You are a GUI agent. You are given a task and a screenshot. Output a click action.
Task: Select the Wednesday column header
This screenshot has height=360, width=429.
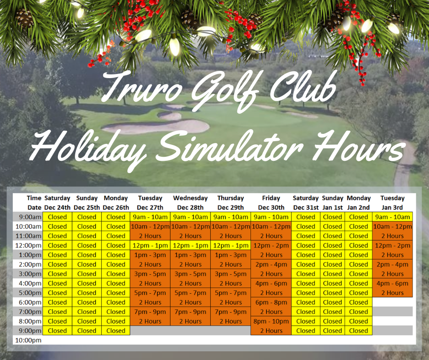click(190, 198)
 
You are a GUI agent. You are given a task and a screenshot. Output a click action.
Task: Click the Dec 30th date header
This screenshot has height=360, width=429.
click(271, 207)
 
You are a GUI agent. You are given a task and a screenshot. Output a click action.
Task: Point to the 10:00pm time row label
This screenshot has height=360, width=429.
click(28, 340)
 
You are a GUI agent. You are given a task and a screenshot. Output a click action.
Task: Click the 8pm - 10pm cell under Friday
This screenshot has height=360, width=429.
click(271, 321)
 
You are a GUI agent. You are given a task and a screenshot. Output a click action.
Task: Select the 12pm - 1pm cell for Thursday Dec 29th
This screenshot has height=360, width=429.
click(230, 245)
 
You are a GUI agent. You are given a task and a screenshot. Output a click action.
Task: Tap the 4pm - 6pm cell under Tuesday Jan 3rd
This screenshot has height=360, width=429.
click(392, 283)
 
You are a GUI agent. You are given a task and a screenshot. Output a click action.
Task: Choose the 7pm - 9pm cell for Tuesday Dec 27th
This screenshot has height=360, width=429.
click(150, 312)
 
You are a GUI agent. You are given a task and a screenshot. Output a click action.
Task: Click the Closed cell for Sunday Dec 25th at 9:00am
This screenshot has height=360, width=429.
click(87, 217)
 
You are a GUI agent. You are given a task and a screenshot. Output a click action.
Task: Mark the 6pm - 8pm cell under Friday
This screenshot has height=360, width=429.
click(271, 302)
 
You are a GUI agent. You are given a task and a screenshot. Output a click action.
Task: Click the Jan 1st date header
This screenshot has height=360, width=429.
click(332, 207)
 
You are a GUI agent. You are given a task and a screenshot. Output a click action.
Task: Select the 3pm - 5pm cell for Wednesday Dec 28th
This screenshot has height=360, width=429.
click(190, 274)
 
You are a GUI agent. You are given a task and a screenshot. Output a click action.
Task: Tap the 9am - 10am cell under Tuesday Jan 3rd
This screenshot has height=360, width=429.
click(392, 217)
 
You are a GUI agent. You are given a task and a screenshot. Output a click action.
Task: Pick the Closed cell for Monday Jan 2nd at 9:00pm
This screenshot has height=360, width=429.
click(358, 331)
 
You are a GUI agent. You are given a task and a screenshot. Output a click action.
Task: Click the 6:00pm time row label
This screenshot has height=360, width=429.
click(28, 302)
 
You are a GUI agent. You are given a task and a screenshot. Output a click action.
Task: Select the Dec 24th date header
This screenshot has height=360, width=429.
click(57, 207)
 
